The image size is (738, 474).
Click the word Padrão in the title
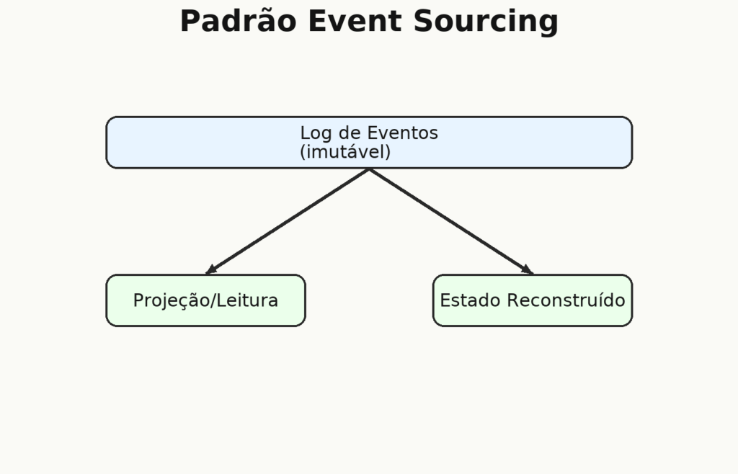pyautogui.click(x=238, y=21)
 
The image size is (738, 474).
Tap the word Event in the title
pyautogui.click(x=355, y=21)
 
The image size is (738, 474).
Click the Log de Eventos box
pyautogui.click(x=369, y=143)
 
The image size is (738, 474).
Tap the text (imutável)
pyautogui.click(x=345, y=152)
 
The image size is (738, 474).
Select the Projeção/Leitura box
pyautogui.click(x=205, y=300)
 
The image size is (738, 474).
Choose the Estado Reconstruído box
pyautogui.click(x=533, y=300)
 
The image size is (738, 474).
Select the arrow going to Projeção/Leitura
pyautogui.click(x=288, y=221)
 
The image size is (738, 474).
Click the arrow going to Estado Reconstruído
pyautogui.click(x=451, y=221)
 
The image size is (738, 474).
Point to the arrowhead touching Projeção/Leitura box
pyautogui.click(x=211, y=270)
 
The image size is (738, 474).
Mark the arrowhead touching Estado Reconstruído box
pyautogui.click(x=528, y=270)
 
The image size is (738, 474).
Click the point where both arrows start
pyautogui.click(x=369, y=169)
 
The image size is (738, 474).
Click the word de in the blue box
pyautogui.click(x=349, y=133)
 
